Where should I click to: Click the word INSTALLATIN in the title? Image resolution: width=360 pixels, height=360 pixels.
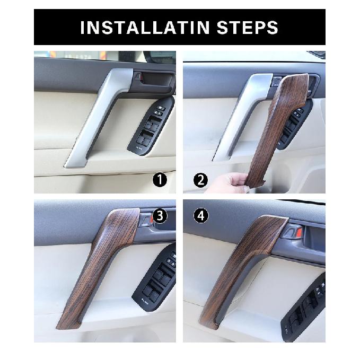coord(145,28)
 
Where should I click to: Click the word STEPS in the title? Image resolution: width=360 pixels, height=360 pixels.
coord(248,28)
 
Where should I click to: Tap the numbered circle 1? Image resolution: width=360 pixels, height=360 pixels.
coord(160,180)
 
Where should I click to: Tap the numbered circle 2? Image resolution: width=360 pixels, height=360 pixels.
coord(200,180)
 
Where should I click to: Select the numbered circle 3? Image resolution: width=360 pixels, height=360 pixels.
coord(160,216)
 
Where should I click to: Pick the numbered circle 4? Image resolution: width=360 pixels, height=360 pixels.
coord(201,216)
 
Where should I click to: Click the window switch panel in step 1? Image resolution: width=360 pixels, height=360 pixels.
coord(151,126)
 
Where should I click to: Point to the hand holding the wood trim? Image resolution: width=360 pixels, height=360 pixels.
coord(230,182)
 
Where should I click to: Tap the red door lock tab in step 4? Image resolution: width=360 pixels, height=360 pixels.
coord(298,232)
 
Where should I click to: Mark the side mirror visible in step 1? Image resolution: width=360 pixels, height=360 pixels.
coord(159,57)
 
